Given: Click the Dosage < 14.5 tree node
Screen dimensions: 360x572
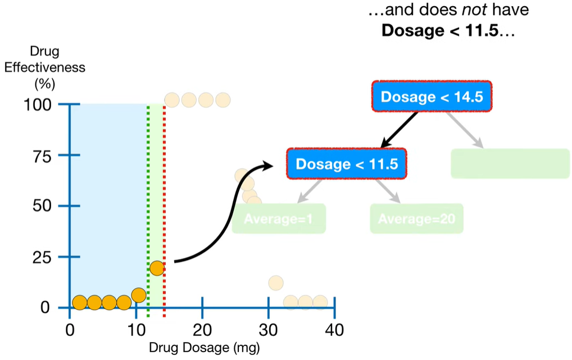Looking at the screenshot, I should (x=432, y=97).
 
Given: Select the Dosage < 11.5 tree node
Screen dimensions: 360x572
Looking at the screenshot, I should (x=346, y=164).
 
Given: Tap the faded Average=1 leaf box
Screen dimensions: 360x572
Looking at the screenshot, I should (x=279, y=218).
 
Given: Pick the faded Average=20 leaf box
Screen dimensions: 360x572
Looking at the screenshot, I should (x=416, y=218).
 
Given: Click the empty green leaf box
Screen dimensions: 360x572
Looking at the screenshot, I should (x=510, y=163).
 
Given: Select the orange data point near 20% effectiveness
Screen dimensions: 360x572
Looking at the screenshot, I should (x=157, y=268).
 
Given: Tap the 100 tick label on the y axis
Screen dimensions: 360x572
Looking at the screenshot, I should (x=39, y=104).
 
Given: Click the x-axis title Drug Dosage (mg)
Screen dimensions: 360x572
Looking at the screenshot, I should (x=205, y=347).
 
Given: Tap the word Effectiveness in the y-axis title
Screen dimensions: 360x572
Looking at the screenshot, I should (x=45, y=68).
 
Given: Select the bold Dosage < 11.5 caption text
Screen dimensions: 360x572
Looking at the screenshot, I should (x=440, y=30).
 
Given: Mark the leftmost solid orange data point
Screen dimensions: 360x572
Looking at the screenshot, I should (x=80, y=303).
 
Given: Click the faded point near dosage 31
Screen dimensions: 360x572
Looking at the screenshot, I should (x=276, y=282).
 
